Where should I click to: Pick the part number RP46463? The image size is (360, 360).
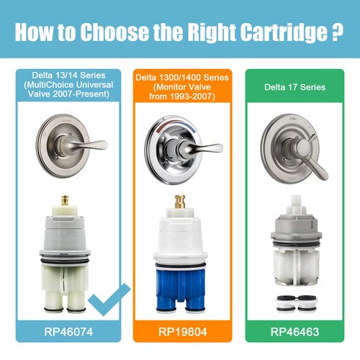coord(297,333)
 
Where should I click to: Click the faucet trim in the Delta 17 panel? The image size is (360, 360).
coord(295,148)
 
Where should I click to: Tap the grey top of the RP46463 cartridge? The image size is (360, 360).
coord(295,223)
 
